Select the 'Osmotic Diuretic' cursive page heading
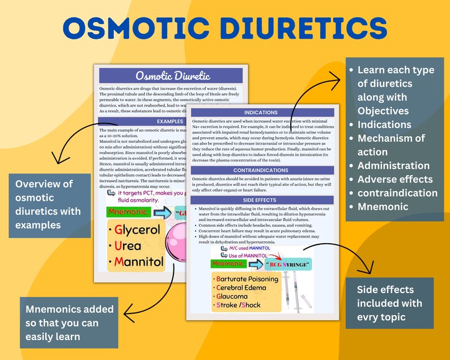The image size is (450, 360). [171, 75]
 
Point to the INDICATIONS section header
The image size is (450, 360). [261, 112]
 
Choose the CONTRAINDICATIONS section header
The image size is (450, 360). [261, 170]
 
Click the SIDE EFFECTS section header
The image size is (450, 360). [261, 200]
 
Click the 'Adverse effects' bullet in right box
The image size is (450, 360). [395, 179]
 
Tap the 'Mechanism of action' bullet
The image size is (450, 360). [391, 145]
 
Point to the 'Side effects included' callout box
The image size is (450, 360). [389, 303]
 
